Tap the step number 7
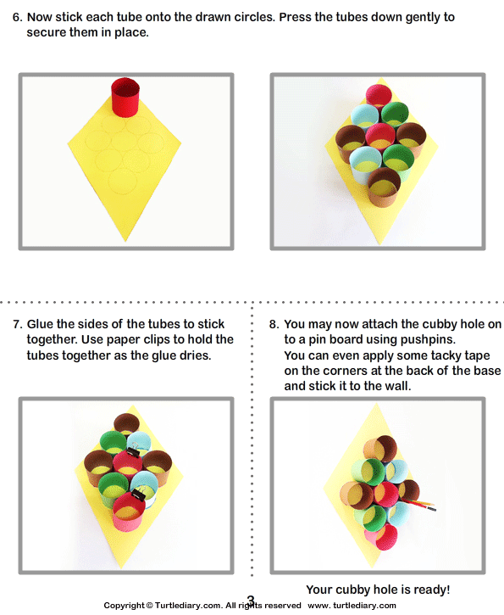point(16,324)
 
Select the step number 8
point(273,324)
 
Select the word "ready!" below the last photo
point(429,590)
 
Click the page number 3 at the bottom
point(251,601)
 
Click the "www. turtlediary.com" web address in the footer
point(352,606)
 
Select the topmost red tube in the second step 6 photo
point(378,95)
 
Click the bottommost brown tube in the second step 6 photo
point(384,186)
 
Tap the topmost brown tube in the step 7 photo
point(127,424)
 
